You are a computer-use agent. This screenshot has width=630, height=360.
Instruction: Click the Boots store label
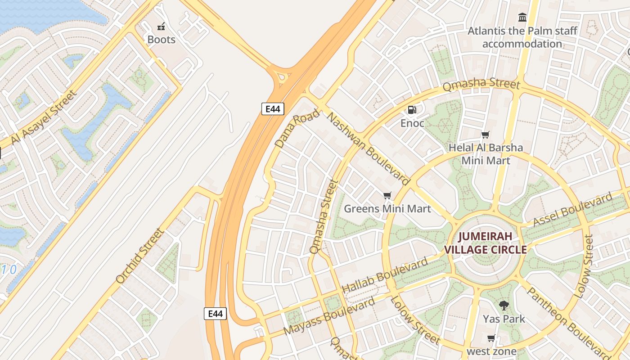tap(161, 40)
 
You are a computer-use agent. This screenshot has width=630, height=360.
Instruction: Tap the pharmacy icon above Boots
tap(161, 27)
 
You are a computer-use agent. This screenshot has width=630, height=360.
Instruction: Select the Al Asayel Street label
tap(44, 117)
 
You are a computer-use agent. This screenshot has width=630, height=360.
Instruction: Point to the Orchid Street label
tap(139, 256)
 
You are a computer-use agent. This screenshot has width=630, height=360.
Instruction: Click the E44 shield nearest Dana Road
tap(273, 108)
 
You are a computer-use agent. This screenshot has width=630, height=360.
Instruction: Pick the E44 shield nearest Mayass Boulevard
tap(215, 314)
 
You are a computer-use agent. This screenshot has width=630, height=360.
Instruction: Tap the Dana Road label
tap(297, 129)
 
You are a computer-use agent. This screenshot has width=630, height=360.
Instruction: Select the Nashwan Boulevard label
tap(368, 149)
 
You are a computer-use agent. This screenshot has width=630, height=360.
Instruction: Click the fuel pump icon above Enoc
tap(412, 110)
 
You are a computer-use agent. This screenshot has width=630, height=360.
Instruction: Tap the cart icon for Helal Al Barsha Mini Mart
tap(485, 135)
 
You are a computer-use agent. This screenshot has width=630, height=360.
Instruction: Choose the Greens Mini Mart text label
tap(387, 209)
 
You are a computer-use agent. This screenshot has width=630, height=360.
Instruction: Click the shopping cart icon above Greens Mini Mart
tap(387, 195)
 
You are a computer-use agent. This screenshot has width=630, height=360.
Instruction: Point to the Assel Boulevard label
tap(572, 209)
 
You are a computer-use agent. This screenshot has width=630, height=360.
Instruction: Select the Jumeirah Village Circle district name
tap(485, 243)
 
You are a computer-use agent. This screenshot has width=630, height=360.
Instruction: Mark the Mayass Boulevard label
tap(330, 316)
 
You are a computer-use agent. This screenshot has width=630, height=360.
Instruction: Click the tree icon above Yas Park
tap(504, 306)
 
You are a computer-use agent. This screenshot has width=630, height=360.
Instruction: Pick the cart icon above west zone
tap(491, 338)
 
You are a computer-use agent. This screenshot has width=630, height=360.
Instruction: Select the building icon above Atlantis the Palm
tap(522, 18)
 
